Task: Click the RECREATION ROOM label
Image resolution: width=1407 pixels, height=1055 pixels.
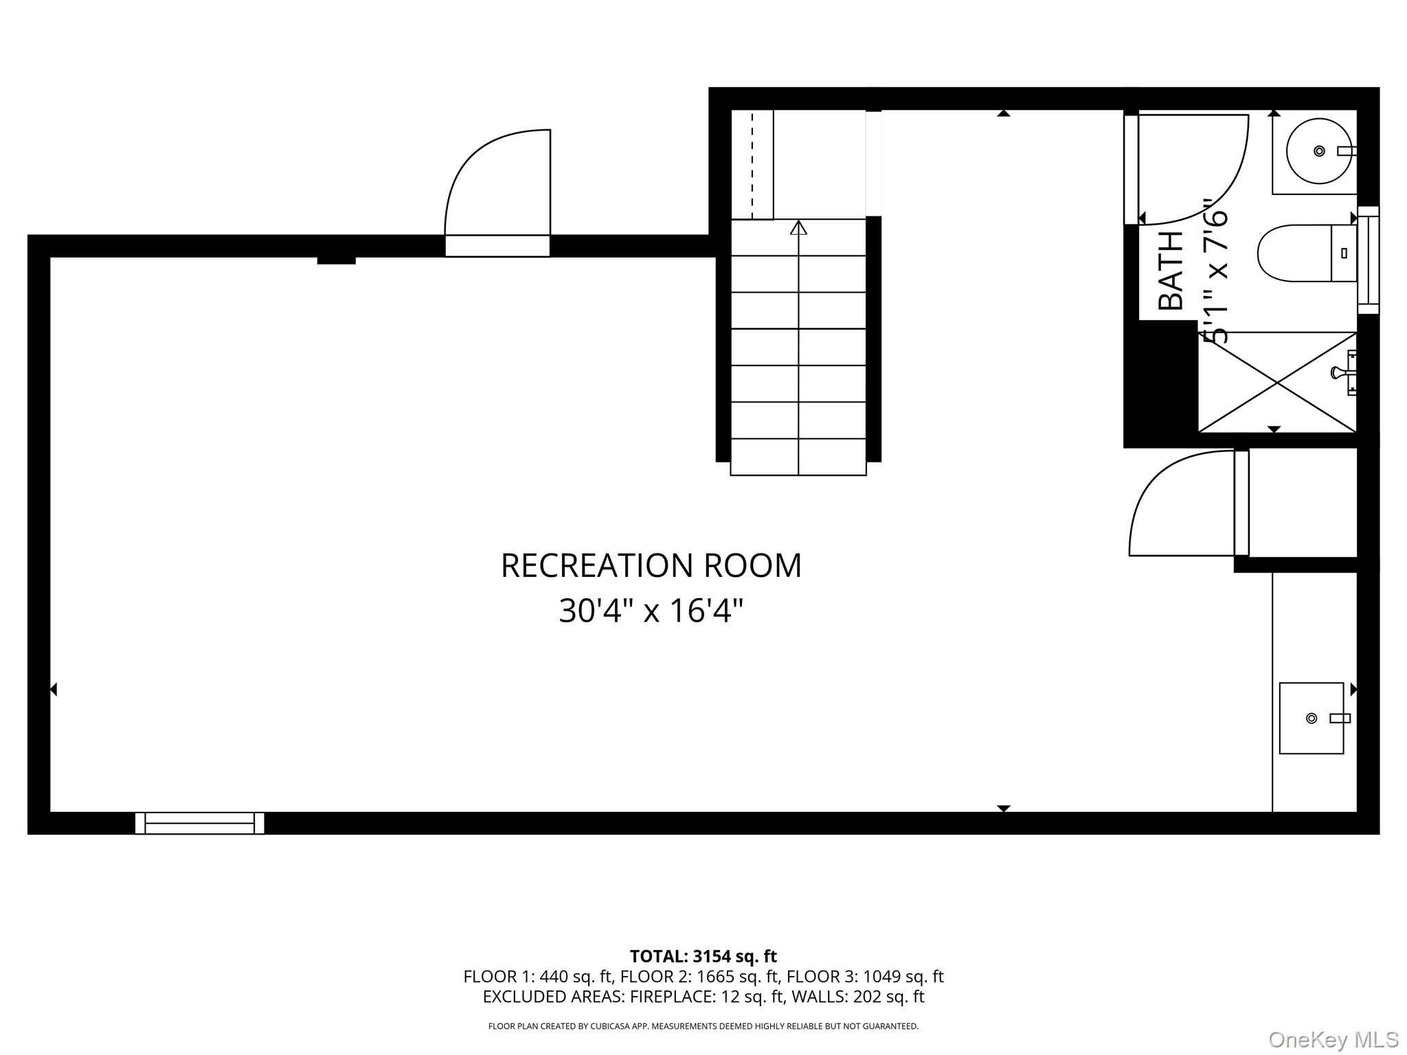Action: pos(651,566)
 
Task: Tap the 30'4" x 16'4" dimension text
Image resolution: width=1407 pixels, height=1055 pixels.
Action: pos(651,611)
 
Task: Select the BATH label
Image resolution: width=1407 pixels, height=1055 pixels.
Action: pos(1171,271)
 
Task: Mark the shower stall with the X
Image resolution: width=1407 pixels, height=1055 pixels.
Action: pos(1276,383)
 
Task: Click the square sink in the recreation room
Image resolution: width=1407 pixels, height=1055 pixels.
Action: pos(1311,718)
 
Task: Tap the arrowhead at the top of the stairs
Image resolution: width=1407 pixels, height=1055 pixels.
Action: pos(798,227)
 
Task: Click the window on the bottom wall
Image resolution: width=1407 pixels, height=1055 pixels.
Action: pos(199,822)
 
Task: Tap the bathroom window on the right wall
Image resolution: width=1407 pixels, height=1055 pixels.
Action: pos(1368,260)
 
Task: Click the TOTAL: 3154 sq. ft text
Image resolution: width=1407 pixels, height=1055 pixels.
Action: pos(703,956)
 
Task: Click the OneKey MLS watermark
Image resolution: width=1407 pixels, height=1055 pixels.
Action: pos(1333,1040)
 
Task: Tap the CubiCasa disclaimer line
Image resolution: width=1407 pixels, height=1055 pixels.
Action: pos(703,1026)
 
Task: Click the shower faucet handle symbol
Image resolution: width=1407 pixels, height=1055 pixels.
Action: pos(1337,372)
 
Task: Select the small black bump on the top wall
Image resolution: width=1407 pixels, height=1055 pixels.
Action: pos(336,260)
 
